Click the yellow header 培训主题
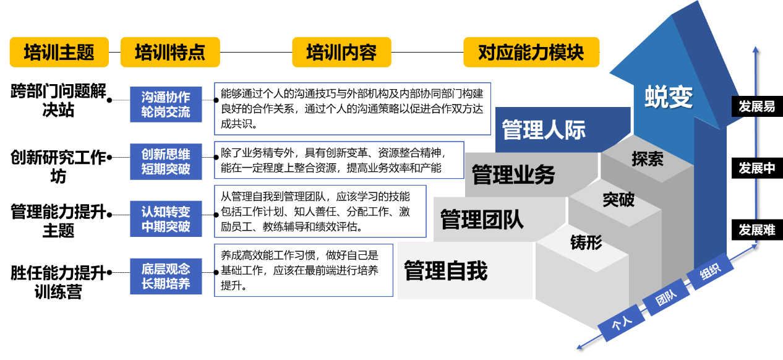59,52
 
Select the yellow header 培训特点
169,52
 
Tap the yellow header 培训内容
341,52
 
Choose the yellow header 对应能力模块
531,52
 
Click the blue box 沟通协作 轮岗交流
166,105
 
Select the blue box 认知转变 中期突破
166,219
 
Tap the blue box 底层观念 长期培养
166,276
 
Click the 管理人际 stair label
544,131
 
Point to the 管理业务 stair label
513,175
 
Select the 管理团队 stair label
482,219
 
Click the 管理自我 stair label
446,271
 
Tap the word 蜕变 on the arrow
669,96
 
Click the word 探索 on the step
648,159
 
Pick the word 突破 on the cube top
618,199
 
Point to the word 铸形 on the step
586,242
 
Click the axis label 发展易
756,106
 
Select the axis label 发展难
756,230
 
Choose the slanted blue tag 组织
710,272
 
